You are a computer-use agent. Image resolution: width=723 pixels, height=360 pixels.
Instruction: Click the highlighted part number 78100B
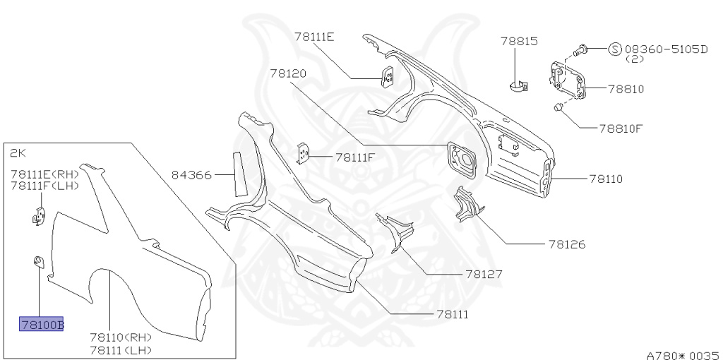pyautogui.click(x=42, y=325)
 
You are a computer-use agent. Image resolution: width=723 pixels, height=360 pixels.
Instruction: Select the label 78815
pyautogui.click(x=520, y=42)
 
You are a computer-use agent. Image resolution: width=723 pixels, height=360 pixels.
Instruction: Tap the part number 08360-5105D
pyautogui.click(x=666, y=49)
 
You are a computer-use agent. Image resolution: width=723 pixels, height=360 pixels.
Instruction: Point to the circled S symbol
pyautogui.click(x=615, y=49)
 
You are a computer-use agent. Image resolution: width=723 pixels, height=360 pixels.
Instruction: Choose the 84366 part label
pyautogui.click(x=191, y=174)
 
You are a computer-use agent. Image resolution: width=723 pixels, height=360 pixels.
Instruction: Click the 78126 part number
pyautogui.click(x=567, y=245)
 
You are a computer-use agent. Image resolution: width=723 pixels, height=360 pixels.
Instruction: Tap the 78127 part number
pyautogui.click(x=484, y=274)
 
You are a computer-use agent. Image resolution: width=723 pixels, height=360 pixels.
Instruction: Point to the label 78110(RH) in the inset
pyautogui.click(x=121, y=337)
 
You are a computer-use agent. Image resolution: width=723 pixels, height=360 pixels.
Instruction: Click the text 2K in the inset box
pyautogui.click(x=17, y=152)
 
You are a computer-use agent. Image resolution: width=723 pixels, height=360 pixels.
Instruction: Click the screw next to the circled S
pyautogui.click(x=582, y=49)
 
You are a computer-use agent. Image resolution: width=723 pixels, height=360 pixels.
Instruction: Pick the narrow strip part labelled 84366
pyautogui.click(x=239, y=172)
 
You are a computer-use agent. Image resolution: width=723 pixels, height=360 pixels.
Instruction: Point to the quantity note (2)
pyautogui.click(x=633, y=60)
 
